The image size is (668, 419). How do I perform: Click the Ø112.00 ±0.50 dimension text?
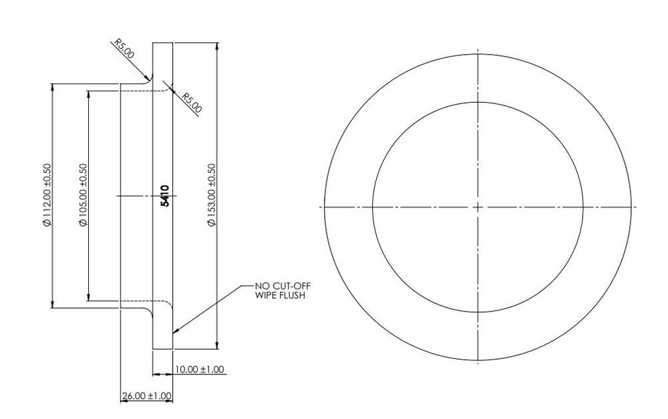47,195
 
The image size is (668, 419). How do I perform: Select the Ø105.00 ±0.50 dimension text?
83,195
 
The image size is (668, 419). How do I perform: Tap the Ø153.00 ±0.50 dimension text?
212,195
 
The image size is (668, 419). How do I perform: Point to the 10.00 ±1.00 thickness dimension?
199,369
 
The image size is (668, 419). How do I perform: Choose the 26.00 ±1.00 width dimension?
145,396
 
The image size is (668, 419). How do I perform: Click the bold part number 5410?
165,195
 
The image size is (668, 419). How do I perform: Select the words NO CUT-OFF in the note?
282,286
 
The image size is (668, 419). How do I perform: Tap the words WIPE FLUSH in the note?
280,294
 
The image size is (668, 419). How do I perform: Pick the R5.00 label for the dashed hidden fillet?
192,102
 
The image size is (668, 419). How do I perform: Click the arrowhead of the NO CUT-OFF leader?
175,331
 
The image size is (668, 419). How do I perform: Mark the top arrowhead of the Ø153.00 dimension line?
216,46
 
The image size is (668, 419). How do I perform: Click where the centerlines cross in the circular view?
478,207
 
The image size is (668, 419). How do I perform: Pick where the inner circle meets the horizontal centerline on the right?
583,207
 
